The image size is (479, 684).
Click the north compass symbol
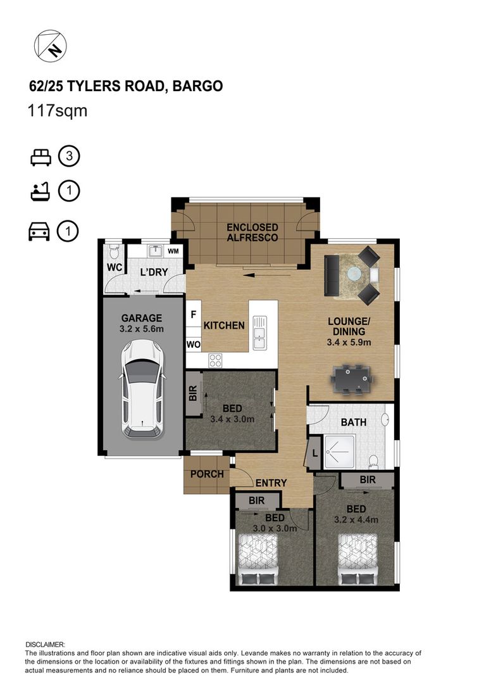tap(50, 46)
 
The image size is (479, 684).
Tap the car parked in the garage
tap(142, 389)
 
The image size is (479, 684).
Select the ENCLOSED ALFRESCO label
tap(252, 232)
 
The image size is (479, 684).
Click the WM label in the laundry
tap(173, 251)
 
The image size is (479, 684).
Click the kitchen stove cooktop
tap(215, 360)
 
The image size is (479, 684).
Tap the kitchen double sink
tap(259, 332)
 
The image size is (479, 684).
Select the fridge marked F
tap(194, 315)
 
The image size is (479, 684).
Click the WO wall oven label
tap(194, 345)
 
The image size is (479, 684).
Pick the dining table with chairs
tap(352, 379)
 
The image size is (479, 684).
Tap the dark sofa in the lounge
tap(332, 275)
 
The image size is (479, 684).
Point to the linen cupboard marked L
tap(314, 453)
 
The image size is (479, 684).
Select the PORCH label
tap(207, 474)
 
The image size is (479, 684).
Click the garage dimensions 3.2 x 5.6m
tap(142, 329)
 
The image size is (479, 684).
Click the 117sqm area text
tap(58, 110)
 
